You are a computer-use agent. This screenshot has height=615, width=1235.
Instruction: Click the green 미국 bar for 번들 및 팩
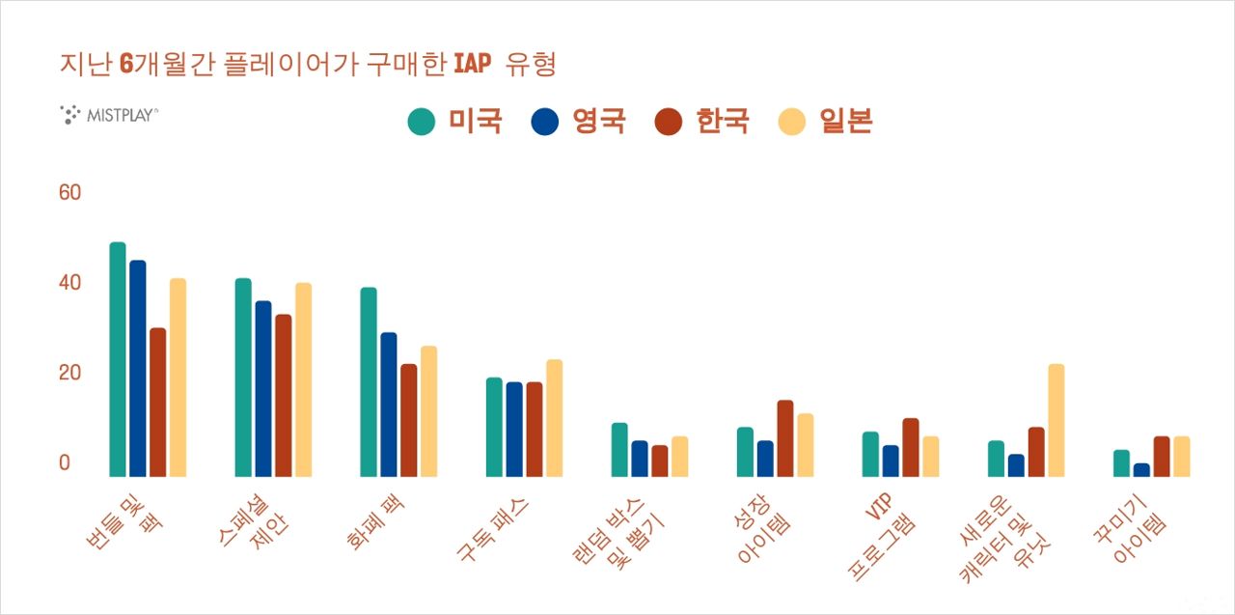[118, 359]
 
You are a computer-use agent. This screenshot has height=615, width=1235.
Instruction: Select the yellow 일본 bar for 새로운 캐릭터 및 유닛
[1056, 420]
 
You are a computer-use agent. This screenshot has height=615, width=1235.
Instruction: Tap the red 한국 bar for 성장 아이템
[784, 438]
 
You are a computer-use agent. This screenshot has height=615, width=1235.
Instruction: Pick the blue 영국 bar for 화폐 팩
[389, 405]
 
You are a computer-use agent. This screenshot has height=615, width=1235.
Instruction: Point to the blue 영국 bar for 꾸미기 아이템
[1141, 470]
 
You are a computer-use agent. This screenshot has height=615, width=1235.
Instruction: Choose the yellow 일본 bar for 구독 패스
[554, 418]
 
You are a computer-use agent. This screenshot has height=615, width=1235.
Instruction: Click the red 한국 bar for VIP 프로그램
[910, 447]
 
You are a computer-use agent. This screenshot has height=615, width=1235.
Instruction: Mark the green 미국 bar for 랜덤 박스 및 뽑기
[619, 450]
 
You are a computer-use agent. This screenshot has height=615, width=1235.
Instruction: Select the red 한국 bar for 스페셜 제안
[283, 396]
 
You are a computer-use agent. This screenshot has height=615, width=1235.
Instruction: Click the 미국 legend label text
[475, 122]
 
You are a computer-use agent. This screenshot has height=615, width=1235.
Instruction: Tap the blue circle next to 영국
[545, 123]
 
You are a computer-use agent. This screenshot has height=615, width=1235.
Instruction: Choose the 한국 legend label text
[722, 122]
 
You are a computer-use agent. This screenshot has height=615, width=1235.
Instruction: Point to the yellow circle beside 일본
[792, 123]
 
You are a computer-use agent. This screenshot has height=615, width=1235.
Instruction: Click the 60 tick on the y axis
[69, 193]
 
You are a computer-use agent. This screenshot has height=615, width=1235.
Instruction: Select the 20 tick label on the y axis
[69, 373]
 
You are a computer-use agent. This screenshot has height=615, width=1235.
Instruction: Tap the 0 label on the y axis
[65, 462]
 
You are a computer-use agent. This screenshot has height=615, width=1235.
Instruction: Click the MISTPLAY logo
[109, 115]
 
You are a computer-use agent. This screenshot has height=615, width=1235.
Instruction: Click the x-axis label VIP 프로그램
[882, 536]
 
